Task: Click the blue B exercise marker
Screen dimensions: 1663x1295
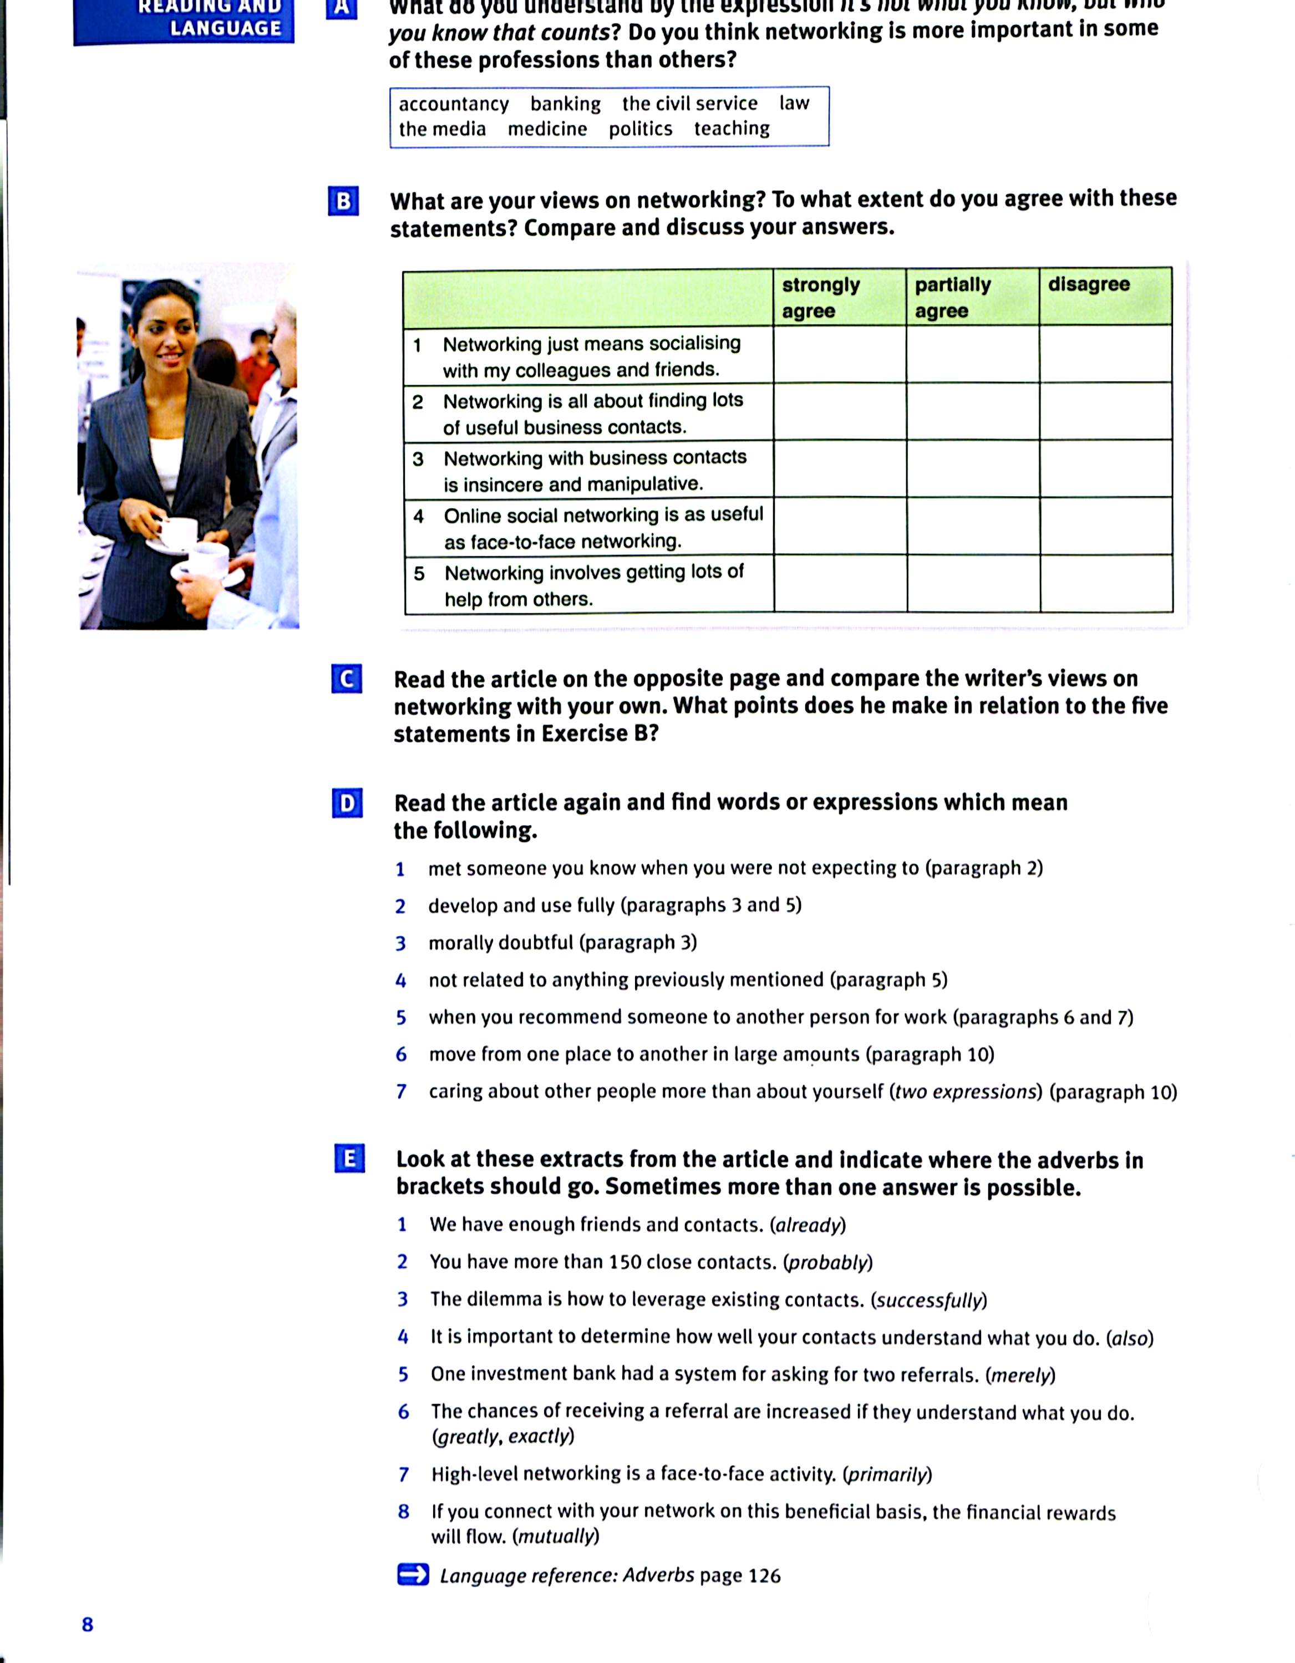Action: tap(343, 201)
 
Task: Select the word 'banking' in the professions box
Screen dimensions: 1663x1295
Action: tap(565, 104)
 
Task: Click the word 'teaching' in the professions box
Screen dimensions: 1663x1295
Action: tap(732, 128)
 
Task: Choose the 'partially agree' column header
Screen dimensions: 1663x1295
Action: tap(952, 297)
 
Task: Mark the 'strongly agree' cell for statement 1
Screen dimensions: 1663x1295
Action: tap(840, 354)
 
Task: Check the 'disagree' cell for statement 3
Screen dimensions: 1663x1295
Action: tap(1105, 468)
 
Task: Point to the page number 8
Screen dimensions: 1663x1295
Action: tap(88, 1624)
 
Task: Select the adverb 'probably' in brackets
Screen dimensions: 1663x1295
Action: tap(828, 1262)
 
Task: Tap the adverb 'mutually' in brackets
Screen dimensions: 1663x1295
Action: tap(556, 1536)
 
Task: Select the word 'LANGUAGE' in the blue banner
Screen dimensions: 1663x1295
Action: tap(226, 28)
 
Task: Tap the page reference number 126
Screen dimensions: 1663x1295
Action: tap(764, 1575)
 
